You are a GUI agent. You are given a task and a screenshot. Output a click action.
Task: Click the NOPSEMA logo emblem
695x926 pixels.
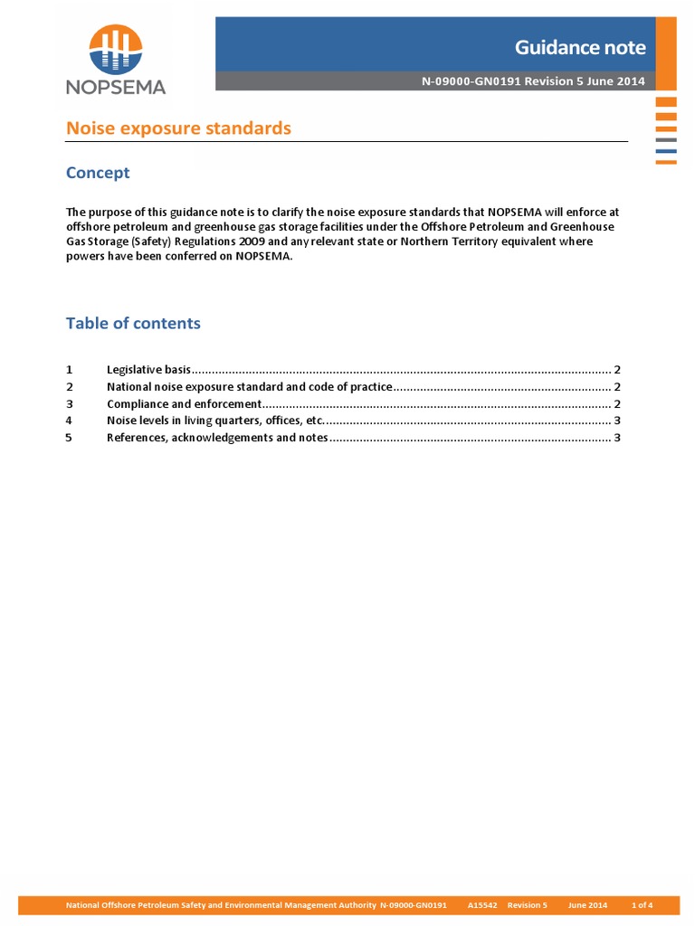[x=115, y=50]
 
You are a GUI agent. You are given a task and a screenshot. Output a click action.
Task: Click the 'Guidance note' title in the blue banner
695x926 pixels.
[x=580, y=47]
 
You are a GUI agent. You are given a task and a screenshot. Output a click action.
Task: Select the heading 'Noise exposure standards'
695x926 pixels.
[x=178, y=128]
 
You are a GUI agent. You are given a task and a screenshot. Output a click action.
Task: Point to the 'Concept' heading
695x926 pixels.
[x=98, y=173]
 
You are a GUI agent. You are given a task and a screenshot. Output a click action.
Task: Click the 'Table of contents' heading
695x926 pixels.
[x=133, y=323]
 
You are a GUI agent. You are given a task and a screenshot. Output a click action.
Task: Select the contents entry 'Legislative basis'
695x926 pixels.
[x=148, y=370]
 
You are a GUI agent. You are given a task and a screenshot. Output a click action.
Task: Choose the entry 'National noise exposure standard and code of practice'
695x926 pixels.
[x=249, y=387]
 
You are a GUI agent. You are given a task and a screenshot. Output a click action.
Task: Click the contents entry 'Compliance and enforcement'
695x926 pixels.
[x=184, y=404]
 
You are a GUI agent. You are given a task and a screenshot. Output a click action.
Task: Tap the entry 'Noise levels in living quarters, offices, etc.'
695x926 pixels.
[x=214, y=420]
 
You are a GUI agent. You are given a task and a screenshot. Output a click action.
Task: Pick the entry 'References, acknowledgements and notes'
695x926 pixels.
[x=217, y=438]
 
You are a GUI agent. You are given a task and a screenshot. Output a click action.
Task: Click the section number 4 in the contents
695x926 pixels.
[x=70, y=420]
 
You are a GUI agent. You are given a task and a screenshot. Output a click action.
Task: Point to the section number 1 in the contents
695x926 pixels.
[x=70, y=370]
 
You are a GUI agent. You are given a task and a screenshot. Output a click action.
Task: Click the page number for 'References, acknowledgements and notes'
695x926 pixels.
[x=616, y=438]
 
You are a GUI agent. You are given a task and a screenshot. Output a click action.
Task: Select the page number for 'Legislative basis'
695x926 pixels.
[x=616, y=370]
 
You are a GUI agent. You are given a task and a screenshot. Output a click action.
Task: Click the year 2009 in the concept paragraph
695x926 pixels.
[x=277, y=242]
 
